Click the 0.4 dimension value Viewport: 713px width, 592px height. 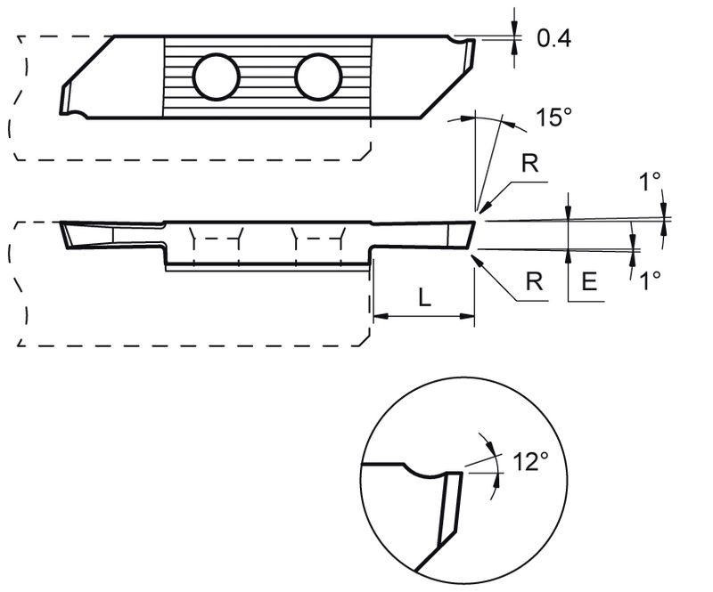[553, 38]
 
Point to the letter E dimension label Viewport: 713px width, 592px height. [588, 281]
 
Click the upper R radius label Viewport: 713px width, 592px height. [529, 165]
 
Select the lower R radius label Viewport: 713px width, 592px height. [533, 281]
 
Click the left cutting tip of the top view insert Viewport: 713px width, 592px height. [66, 99]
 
